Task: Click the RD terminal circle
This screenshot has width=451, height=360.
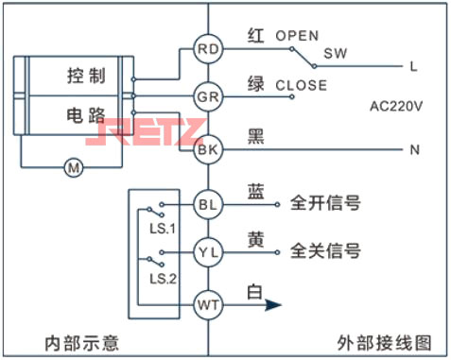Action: pyautogui.click(x=206, y=48)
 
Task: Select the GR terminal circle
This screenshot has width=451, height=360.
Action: pyautogui.click(x=206, y=97)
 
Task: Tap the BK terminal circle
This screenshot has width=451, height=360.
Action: pyautogui.click(x=206, y=148)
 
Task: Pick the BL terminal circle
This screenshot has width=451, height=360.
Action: pyautogui.click(x=206, y=203)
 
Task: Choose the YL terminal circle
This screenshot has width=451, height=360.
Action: pyautogui.click(x=206, y=252)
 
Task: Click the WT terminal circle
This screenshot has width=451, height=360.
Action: pyautogui.click(x=206, y=304)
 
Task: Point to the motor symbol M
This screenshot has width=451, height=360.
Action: pyautogui.click(x=73, y=168)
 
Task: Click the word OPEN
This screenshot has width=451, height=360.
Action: pyautogui.click(x=297, y=35)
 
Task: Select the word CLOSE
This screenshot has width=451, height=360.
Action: pyautogui.click(x=301, y=85)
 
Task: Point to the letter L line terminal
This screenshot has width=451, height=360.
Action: pyautogui.click(x=414, y=66)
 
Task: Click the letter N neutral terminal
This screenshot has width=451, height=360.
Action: pyautogui.click(x=414, y=149)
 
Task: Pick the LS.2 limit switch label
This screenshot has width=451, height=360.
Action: pyautogui.click(x=163, y=279)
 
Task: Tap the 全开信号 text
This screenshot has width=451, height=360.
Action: pyautogui.click(x=325, y=203)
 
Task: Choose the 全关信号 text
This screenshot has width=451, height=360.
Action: pyautogui.click(x=325, y=252)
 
